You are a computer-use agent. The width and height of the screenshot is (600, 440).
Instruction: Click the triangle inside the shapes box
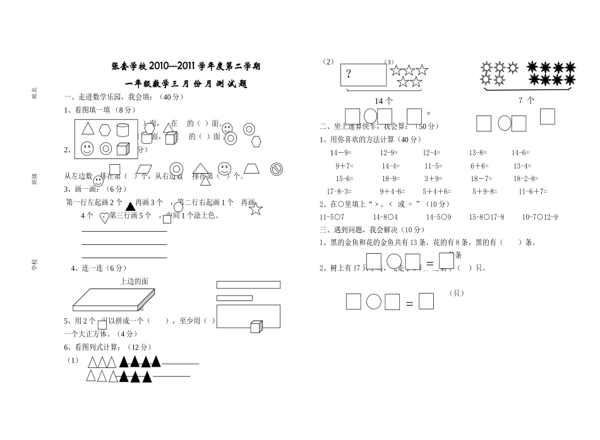click(x=88, y=130)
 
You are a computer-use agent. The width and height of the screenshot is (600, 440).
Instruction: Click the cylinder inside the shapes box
click(x=124, y=130)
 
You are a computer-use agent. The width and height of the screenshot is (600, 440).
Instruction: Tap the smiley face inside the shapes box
click(x=87, y=149)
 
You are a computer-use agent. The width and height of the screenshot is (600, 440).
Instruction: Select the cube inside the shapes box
click(x=123, y=149)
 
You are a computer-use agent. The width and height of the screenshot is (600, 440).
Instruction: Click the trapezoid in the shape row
click(x=252, y=169)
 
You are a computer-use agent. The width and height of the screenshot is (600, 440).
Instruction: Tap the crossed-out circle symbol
click(x=276, y=169)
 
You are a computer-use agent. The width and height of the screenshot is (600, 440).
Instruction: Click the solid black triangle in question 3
click(x=129, y=206)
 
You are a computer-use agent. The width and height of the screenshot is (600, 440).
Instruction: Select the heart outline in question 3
click(x=104, y=218)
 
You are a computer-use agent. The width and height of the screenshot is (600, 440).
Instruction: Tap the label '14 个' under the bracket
click(x=383, y=100)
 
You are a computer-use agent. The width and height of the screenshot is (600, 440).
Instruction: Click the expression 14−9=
click(x=341, y=153)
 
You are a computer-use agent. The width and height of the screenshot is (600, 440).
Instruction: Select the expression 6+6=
click(x=479, y=166)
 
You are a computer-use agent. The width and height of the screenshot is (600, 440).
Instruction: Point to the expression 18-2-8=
click(x=525, y=179)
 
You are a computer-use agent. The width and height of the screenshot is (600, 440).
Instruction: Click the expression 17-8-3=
click(x=340, y=191)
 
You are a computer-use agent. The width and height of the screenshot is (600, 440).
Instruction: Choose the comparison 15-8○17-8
click(x=486, y=217)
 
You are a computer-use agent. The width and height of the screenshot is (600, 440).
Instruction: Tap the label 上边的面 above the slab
click(x=134, y=281)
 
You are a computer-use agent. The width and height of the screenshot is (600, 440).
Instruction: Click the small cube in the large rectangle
click(x=255, y=326)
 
